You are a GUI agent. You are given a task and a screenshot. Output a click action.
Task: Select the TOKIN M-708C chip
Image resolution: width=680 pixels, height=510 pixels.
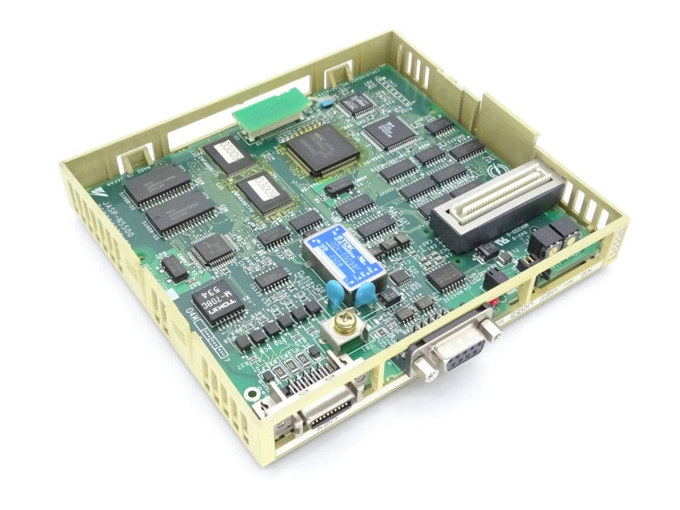coord(218,301)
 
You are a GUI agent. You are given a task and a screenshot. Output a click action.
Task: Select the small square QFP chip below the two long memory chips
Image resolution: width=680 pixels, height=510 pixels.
coord(213,249)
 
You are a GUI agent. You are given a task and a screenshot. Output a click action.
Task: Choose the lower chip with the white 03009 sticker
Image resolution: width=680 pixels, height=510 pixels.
coord(264,189)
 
